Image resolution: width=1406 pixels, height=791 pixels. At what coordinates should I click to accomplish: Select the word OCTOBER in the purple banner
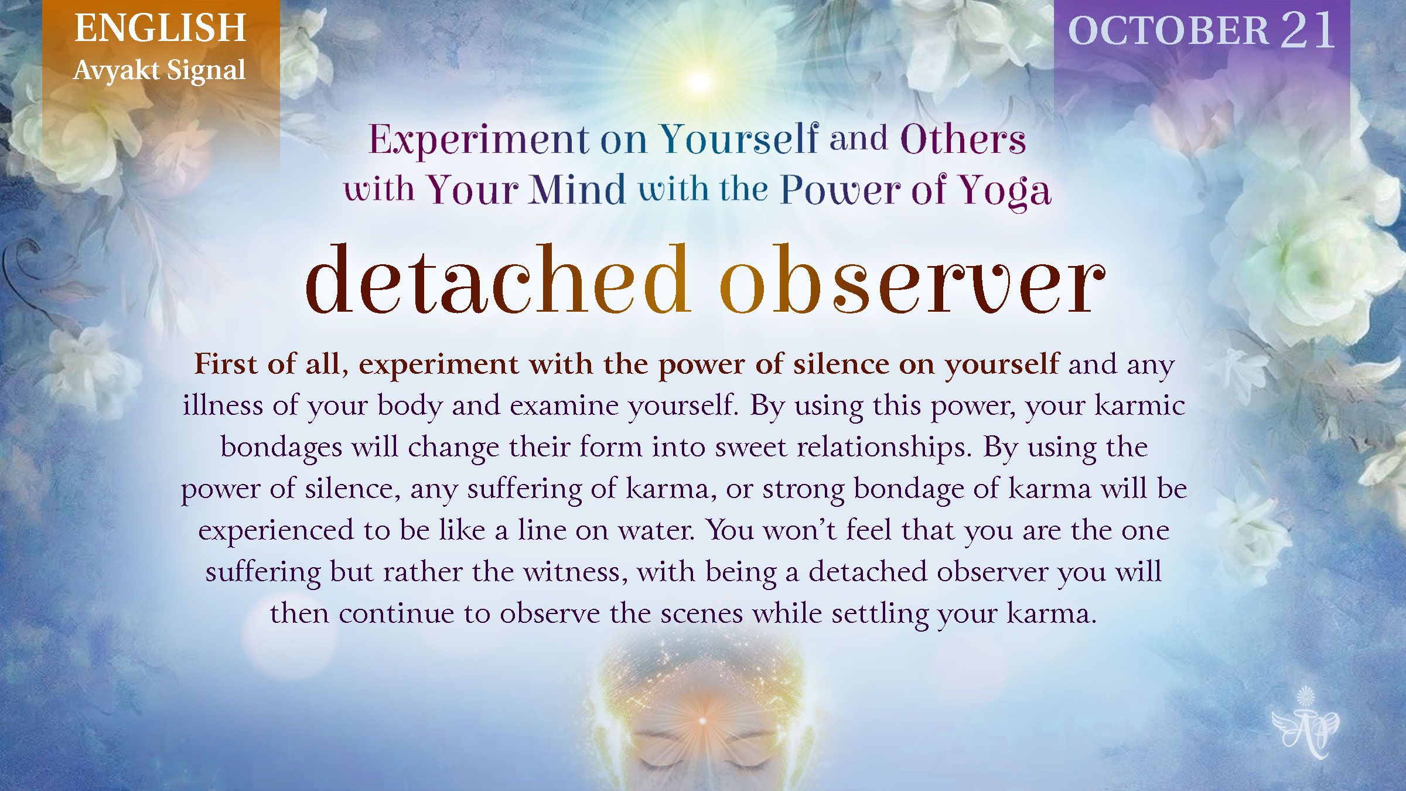(1168, 30)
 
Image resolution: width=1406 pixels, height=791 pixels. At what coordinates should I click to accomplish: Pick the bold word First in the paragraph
(226, 364)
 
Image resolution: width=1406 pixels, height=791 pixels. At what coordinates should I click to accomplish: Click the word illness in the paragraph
(223, 405)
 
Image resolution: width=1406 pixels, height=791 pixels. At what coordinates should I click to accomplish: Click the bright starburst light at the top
(698, 80)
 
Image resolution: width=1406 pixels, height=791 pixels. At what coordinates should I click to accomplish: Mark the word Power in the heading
(840, 189)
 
